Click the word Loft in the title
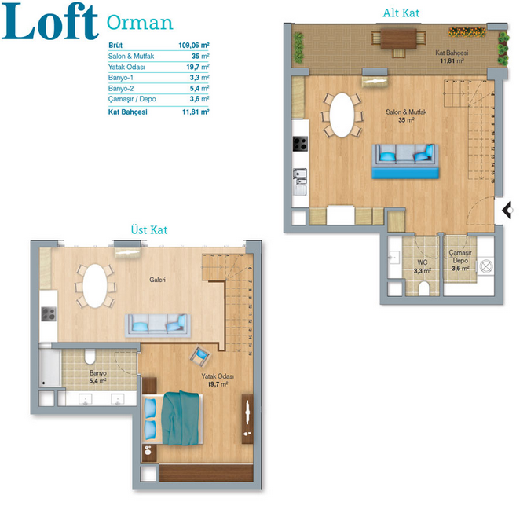click(50, 22)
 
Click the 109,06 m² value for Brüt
click(194, 45)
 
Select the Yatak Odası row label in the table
click(126, 67)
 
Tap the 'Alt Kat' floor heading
click(401, 13)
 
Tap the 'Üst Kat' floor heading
click(149, 229)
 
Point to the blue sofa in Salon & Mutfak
click(405, 161)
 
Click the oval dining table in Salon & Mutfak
click(342, 115)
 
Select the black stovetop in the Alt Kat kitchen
click(300, 144)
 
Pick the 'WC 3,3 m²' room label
click(422, 266)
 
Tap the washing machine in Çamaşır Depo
click(485, 266)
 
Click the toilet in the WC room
click(424, 288)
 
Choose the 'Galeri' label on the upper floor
click(157, 280)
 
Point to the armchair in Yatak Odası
click(200, 356)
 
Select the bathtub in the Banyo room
click(49, 368)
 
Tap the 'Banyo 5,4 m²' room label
click(98, 377)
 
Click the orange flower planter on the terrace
click(467, 32)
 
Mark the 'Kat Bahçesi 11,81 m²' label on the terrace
click(452, 57)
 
